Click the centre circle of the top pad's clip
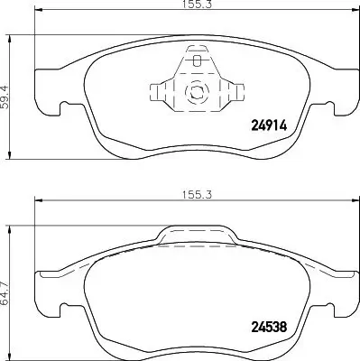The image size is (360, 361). click(195, 92)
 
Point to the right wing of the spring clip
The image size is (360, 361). click(230, 92)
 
